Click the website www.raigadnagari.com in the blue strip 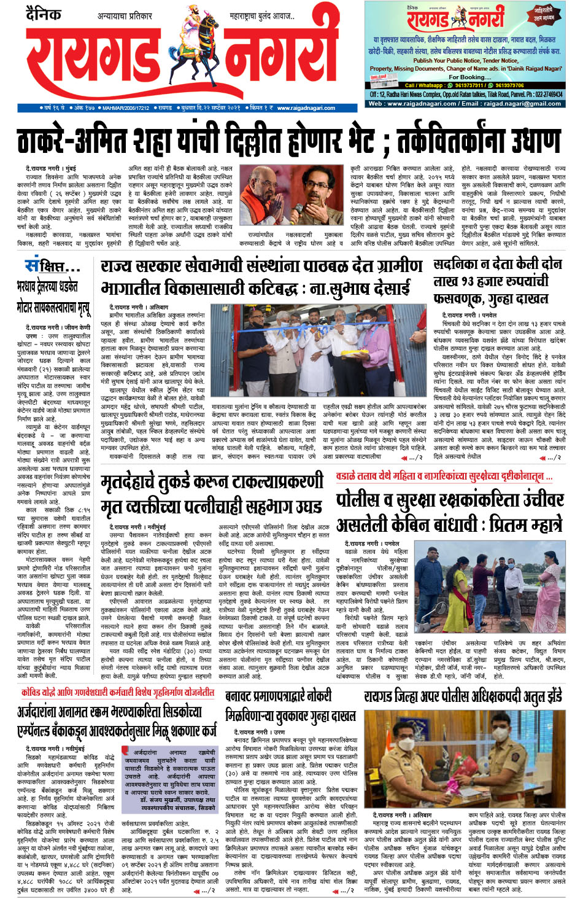(306, 108)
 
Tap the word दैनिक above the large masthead (44, 14)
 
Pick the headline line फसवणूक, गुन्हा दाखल (490, 298)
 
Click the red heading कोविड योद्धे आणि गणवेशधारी (117, 692)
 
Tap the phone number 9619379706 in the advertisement (509, 85)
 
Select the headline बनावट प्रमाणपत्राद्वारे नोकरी (287, 697)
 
